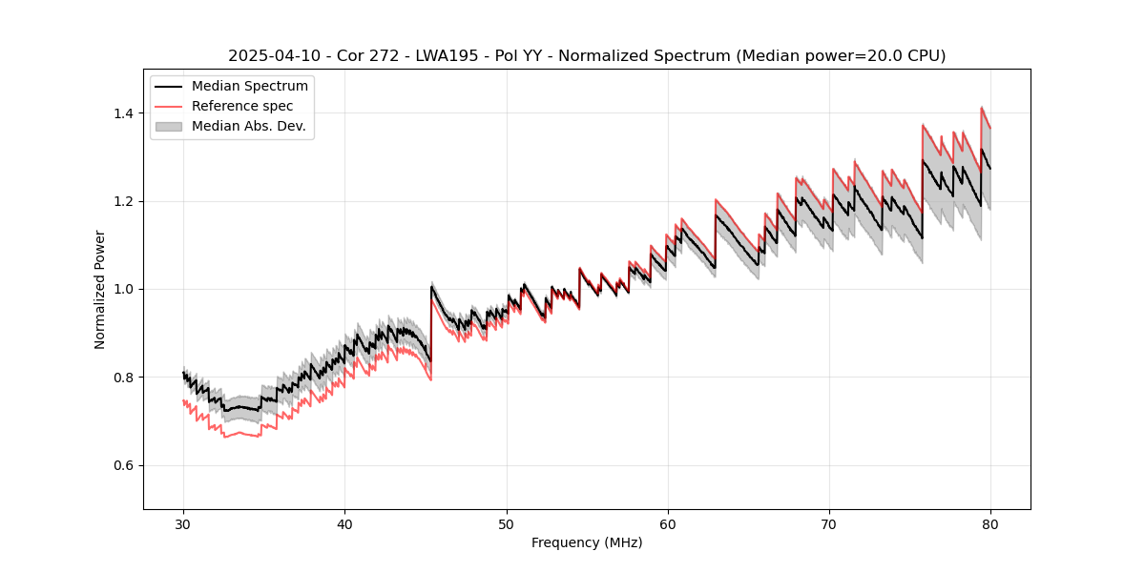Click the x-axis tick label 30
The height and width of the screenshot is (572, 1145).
coord(183,524)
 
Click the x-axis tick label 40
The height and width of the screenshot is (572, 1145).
coord(344,524)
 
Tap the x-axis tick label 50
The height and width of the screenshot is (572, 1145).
coord(507,524)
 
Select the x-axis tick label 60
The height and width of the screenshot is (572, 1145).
coord(668,524)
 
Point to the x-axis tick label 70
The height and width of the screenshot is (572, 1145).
coord(829,524)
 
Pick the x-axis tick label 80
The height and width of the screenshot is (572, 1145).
coord(990,524)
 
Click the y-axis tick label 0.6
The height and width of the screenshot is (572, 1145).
coord(123,465)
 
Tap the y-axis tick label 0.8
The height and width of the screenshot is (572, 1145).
coord(123,378)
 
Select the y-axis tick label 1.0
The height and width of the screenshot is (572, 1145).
coord(123,289)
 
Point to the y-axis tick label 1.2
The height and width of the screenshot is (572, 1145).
coord(123,201)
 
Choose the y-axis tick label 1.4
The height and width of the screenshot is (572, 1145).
coord(123,113)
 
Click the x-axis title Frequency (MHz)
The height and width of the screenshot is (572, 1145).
coord(587,542)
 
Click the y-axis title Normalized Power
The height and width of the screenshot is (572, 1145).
coord(100,289)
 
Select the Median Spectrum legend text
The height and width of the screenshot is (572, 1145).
coord(250,87)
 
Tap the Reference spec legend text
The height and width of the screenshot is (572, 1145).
coord(242,106)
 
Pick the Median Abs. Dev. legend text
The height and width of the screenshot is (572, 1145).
coord(249,126)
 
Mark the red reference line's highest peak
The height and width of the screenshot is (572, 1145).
coord(982,108)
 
